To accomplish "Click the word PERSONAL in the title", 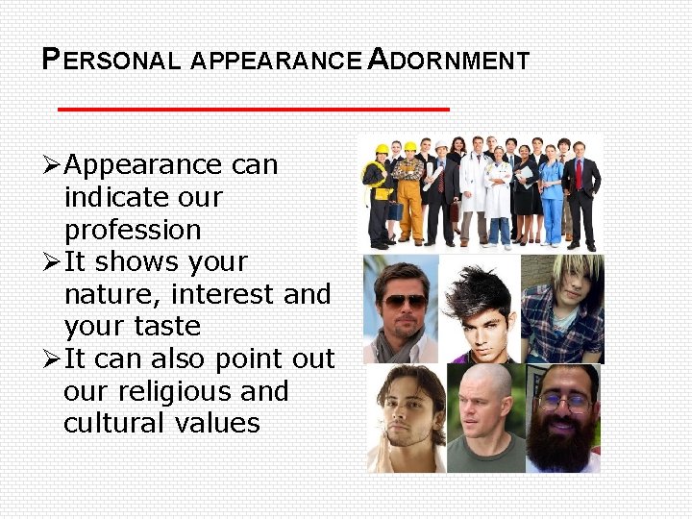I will pos(111,61).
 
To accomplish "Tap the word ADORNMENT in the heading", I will pos(449,61).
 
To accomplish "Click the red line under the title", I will pos(253,110).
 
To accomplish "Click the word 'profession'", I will pos(133,231).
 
